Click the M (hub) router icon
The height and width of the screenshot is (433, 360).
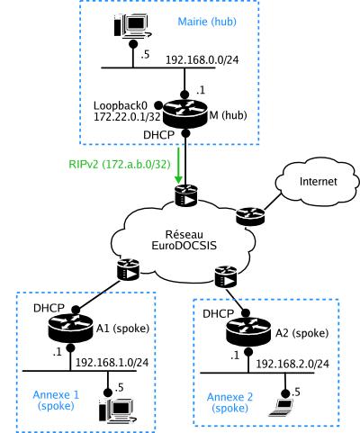click(x=185, y=114)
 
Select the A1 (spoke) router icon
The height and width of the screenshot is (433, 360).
click(x=70, y=328)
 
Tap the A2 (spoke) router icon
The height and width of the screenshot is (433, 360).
click(x=249, y=332)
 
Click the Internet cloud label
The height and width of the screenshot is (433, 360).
click(x=319, y=182)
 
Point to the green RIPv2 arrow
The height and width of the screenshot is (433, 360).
click(x=179, y=165)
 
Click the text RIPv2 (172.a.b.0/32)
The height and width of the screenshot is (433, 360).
click(x=120, y=165)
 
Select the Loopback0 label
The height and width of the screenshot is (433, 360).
click(x=121, y=105)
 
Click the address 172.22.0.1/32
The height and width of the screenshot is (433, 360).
click(x=127, y=117)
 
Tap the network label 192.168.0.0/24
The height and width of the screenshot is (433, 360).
click(x=202, y=60)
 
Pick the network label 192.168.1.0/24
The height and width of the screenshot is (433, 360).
click(x=112, y=363)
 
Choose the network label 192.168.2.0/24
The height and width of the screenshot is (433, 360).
click(x=292, y=364)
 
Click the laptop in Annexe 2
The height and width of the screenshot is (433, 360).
click(x=281, y=408)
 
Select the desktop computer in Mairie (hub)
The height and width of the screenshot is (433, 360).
click(x=132, y=26)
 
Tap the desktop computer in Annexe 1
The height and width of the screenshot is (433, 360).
click(x=118, y=410)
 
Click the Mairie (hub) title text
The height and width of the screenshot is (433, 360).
click(x=207, y=22)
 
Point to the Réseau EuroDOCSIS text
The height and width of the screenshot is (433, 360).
click(x=184, y=240)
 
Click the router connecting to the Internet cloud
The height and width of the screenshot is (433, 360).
click(x=250, y=216)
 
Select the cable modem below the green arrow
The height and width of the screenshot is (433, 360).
click(x=186, y=195)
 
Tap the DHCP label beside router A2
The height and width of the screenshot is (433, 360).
click(x=218, y=314)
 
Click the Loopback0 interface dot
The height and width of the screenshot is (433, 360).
click(x=158, y=105)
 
